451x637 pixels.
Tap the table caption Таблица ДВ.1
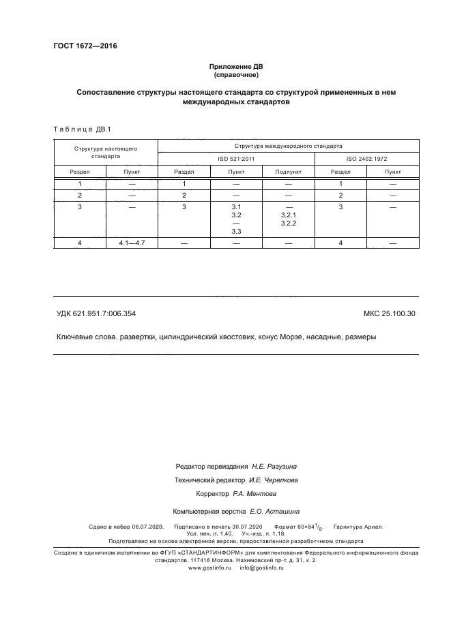coord(76,129)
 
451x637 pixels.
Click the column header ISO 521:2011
coord(236,159)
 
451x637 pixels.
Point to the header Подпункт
coord(288,172)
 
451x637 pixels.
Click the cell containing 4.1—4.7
coord(132,243)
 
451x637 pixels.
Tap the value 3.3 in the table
coord(237,232)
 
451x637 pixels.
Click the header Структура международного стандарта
coord(289,146)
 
